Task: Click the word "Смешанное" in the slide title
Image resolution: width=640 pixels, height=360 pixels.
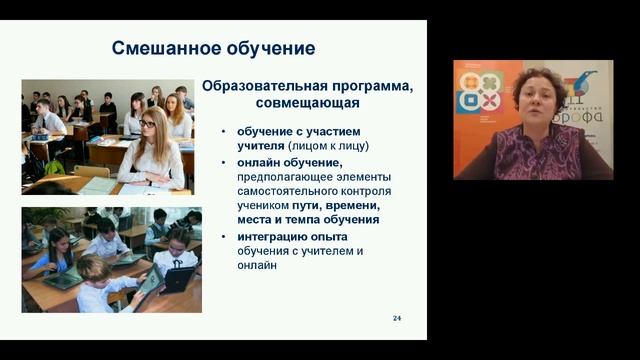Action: pyautogui.click(x=158, y=48)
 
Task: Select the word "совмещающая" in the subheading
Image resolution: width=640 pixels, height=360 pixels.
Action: pyautogui.click(x=308, y=102)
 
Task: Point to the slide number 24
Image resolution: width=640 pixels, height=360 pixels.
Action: pyautogui.click(x=397, y=318)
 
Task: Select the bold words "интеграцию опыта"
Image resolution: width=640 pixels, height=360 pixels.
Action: pyautogui.click(x=290, y=236)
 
